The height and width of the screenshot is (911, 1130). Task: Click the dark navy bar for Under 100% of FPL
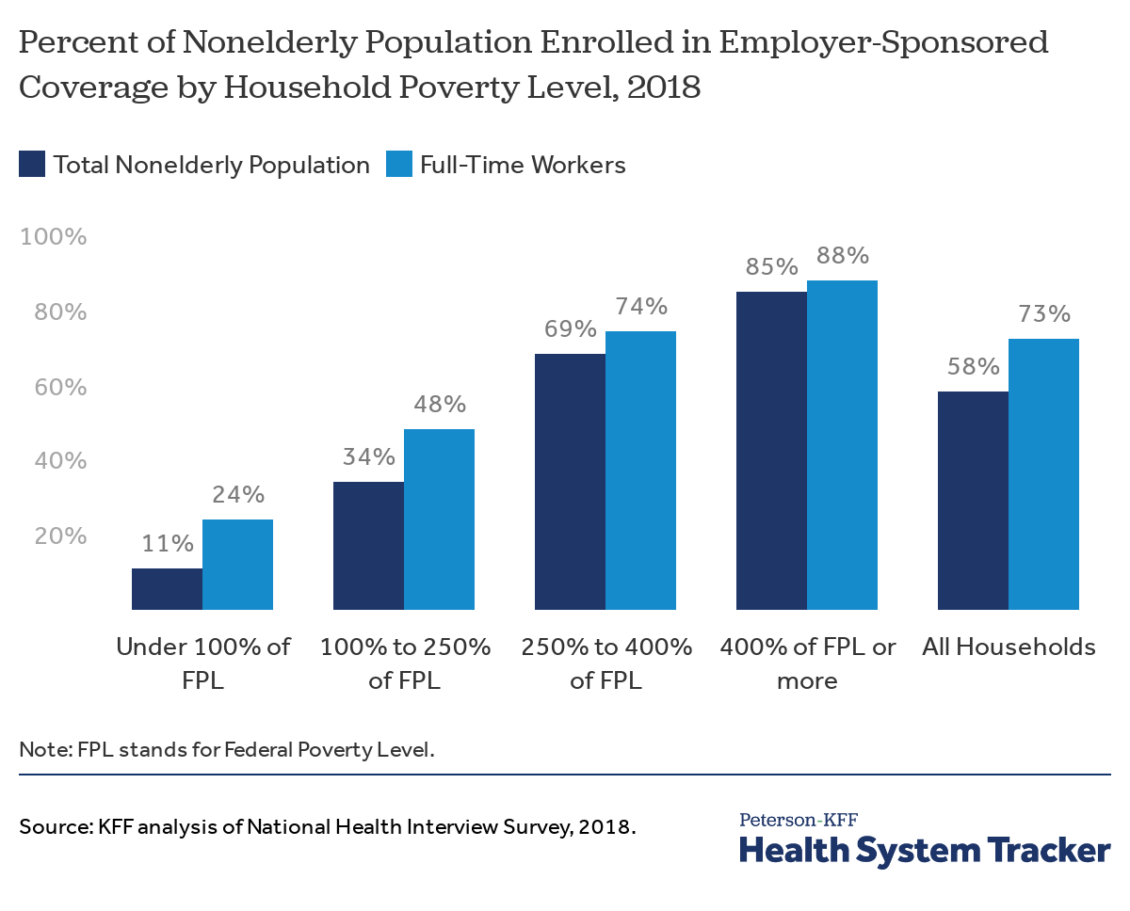(x=167, y=589)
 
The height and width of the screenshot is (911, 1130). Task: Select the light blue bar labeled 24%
(x=237, y=565)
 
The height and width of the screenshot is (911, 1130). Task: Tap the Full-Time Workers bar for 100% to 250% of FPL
(x=439, y=519)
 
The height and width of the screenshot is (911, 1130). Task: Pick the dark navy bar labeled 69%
(x=570, y=482)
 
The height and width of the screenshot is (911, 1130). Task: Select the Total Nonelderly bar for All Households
(x=973, y=501)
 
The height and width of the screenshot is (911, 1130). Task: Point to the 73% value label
(x=1044, y=313)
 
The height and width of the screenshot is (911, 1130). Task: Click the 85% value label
(x=771, y=266)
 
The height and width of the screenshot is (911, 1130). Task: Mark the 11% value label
(x=168, y=543)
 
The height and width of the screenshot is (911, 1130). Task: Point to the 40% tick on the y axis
(x=59, y=461)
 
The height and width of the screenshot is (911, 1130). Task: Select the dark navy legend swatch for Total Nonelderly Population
(x=32, y=165)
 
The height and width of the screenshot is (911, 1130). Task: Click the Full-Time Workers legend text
(x=523, y=165)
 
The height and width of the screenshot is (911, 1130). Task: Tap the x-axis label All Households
(x=1009, y=647)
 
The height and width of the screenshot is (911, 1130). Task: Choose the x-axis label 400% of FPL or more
(x=808, y=663)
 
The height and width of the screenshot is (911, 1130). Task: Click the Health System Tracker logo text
(x=925, y=849)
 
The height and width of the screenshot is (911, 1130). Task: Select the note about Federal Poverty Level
(x=227, y=750)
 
